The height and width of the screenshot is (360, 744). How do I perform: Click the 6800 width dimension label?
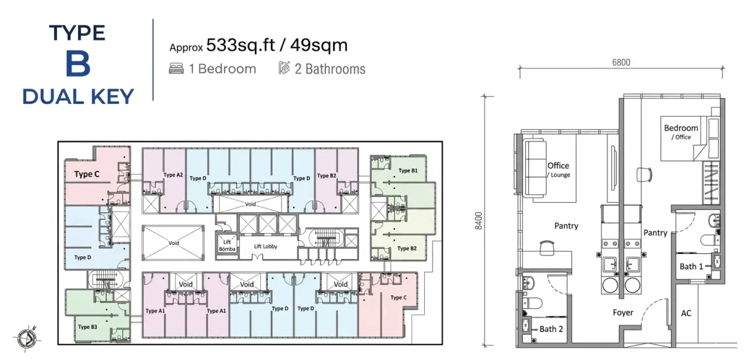click(621, 63)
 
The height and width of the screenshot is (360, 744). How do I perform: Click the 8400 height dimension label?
click(478, 221)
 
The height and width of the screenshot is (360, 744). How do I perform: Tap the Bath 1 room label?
click(691, 266)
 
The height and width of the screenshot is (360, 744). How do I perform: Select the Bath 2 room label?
click(551, 329)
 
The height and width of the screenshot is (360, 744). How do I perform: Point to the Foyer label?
click(622, 312)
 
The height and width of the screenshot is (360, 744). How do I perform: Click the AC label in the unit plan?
click(686, 313)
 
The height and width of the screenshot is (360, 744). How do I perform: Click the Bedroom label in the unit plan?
click(681, 128)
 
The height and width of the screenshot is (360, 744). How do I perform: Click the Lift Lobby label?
click(265, 247)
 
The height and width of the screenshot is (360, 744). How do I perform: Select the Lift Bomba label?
click(227, 245)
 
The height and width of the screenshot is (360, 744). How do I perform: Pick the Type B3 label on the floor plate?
click(87, 327)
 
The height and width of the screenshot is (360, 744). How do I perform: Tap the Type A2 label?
click(173, 175)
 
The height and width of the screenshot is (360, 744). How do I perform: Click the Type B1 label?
click(408, 170)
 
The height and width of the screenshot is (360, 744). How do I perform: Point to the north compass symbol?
click(27, 338)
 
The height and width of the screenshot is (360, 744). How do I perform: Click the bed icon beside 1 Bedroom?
click(176, 69)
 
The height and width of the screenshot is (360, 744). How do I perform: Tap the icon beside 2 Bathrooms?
click(284, 68)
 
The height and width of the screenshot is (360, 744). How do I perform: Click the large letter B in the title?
click(77, 64)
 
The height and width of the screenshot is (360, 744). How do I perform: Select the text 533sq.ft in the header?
click(241, 45)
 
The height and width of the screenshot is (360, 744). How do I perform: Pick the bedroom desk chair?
click(644, 175)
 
